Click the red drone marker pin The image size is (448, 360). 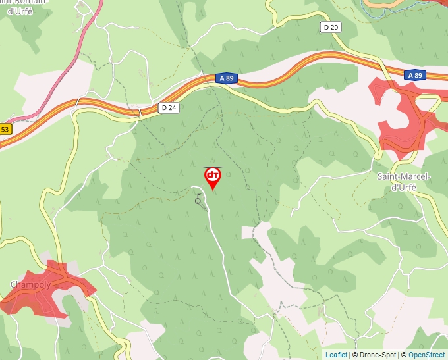point(213,178)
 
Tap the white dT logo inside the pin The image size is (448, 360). point(213,176)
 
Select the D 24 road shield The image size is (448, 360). point(169,107)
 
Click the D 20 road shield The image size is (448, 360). point(331,27)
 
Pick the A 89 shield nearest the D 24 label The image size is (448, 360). point(226,78)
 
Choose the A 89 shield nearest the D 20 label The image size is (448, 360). point(415,76)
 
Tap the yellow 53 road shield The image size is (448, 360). point(5,129)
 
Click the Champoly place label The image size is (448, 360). point(31,284)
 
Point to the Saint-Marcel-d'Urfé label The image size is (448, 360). point(403,182)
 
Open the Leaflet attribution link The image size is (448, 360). point(336,355)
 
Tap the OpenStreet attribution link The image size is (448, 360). point(428,355)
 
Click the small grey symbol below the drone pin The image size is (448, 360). point(198,199)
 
